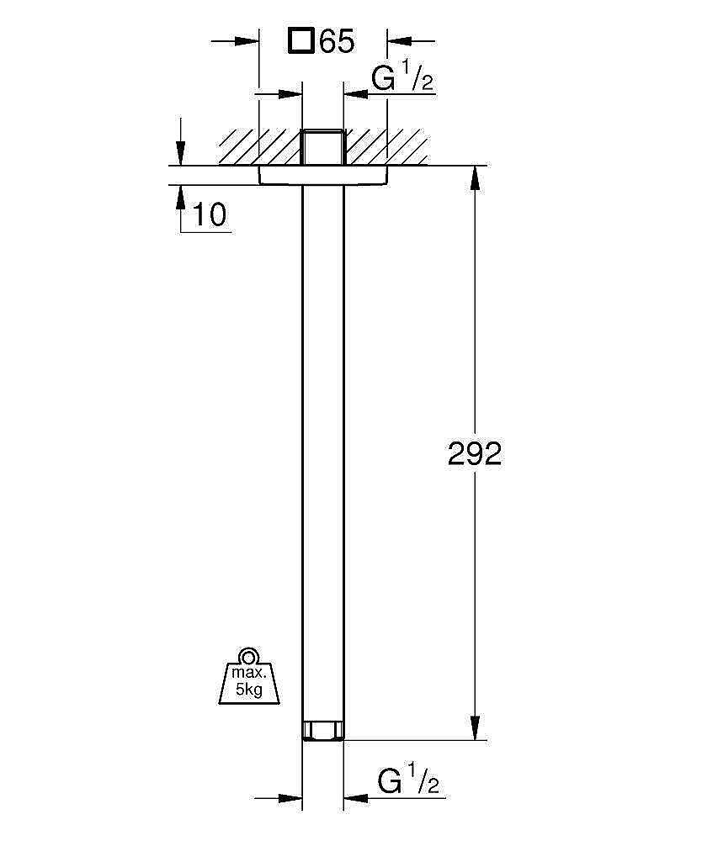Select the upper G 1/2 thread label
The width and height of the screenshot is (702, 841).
(402, 79)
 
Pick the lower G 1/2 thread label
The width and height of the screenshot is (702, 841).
(408, 782)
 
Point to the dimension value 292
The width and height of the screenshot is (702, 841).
(474, 454)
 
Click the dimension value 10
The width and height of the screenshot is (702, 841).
(210, 215)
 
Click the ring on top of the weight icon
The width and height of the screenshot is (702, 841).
(246, 657)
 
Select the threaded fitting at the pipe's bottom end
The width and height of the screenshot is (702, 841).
(322, 729)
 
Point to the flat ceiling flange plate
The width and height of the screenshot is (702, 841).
(322, 174)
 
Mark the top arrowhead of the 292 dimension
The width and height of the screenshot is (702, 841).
(475, 177)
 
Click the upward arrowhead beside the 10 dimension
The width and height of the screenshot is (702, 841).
(180, 196)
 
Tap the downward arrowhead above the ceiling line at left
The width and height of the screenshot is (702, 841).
(180, 154)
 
